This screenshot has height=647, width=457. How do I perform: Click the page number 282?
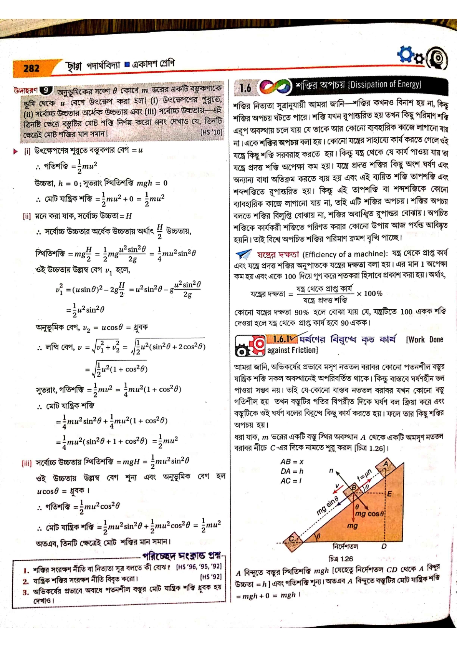point(31,68)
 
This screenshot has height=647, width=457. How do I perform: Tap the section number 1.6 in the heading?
point(245,88)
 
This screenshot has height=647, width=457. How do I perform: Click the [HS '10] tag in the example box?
point(211,132)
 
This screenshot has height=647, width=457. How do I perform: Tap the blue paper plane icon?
point(243,254)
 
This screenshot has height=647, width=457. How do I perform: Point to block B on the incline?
point(353,489)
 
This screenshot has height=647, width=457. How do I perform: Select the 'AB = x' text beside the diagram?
point(292,461)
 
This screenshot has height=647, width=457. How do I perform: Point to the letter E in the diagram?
point(389,494)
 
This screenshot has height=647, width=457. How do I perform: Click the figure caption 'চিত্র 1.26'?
point(341,559)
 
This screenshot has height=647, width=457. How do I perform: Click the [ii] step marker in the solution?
point(26,216)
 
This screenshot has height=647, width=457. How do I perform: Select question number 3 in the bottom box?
point(26,592)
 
